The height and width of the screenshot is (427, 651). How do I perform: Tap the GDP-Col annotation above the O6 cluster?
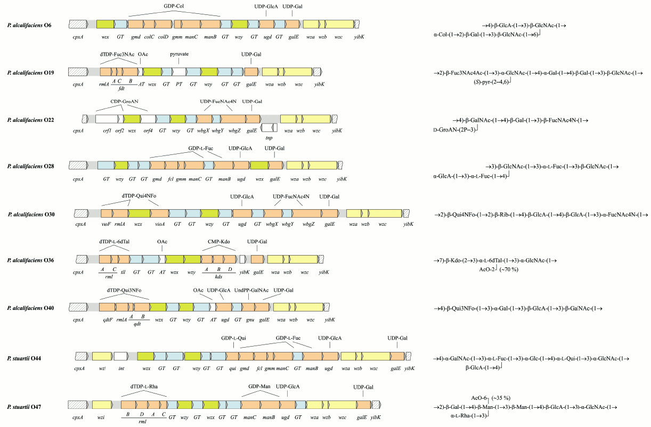(x=175, y=6)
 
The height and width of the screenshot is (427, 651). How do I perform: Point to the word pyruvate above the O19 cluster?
(x=180, y=54)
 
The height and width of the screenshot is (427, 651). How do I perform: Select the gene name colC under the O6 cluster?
(x=149, y=37)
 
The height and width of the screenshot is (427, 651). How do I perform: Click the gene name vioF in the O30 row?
(x=105, y=225)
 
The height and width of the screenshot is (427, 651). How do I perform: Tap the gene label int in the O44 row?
(x=120, y=368)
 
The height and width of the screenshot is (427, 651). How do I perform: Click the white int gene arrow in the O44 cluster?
(x=121, y=357)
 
